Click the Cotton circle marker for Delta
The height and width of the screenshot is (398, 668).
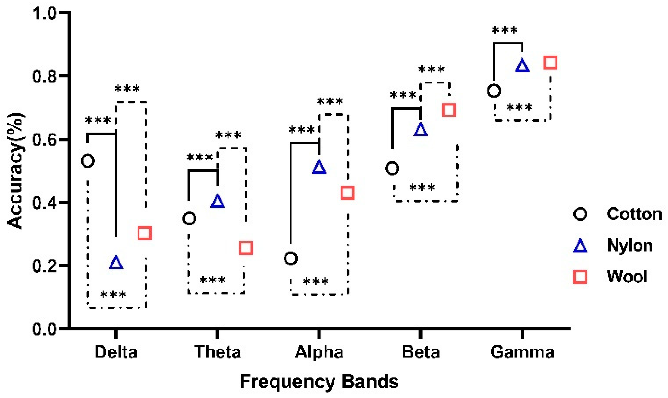[88, 160]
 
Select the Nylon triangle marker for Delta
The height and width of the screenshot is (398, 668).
[116, 263]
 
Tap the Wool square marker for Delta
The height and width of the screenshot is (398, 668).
[145, 233]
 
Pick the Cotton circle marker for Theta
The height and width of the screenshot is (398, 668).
[189, 219]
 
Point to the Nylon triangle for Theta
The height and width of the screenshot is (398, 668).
[218, 202]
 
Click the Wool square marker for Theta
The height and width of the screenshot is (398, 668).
[246, 248]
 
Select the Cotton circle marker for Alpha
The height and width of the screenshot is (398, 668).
[291, 258]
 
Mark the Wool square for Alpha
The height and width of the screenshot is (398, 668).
[347, 193]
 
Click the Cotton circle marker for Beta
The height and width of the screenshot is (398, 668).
[392, 168]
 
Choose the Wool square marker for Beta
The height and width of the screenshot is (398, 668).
[449, 110]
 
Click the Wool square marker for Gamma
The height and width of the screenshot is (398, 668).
[550, 62]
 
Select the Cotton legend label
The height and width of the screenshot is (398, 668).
[634, 214]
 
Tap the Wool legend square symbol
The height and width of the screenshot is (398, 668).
[580, 277]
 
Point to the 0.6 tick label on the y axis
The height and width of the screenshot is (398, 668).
[44, 140]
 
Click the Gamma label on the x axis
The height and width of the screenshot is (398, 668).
[522, 352]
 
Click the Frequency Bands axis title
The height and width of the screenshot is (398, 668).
[319, 382]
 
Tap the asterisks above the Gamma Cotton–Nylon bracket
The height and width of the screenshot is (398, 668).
[505, 30]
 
